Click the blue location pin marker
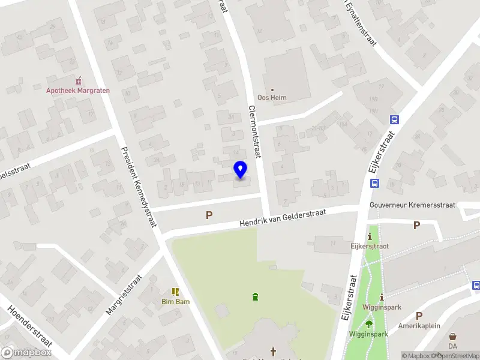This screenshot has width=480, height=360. pos(240,170)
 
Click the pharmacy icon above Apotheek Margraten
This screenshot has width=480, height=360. pos(78,80)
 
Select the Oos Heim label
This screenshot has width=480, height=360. pos(272,98)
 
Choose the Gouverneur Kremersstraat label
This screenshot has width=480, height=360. pos(412,205)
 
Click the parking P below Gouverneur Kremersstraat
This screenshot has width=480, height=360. pos(416,226)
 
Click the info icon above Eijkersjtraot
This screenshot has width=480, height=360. pos(370,236)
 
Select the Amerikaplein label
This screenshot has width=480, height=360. pos(420,326)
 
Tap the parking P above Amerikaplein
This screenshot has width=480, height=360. pos(419,316)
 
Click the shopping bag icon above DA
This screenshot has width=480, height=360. pos(452,337)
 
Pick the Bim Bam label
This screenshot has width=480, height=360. pos(175,302)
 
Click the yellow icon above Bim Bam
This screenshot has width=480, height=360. pos(175,292)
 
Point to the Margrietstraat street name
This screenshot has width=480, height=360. pos(124,295)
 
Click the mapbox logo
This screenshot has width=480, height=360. pos(26,353)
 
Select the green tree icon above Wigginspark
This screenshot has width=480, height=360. pos(368,324)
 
